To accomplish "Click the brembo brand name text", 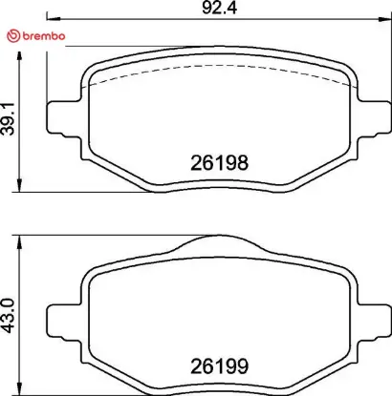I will (x=41, y=35).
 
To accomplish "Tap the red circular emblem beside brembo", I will (x=11, y=35).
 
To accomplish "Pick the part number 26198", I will (x=218, y=163).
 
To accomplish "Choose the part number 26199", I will (x=218, y=364).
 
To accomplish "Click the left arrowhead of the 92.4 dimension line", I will (x=51, y=19).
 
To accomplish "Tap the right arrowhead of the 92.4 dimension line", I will (x=386, y=19).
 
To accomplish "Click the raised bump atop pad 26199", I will (x=219, y=244).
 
